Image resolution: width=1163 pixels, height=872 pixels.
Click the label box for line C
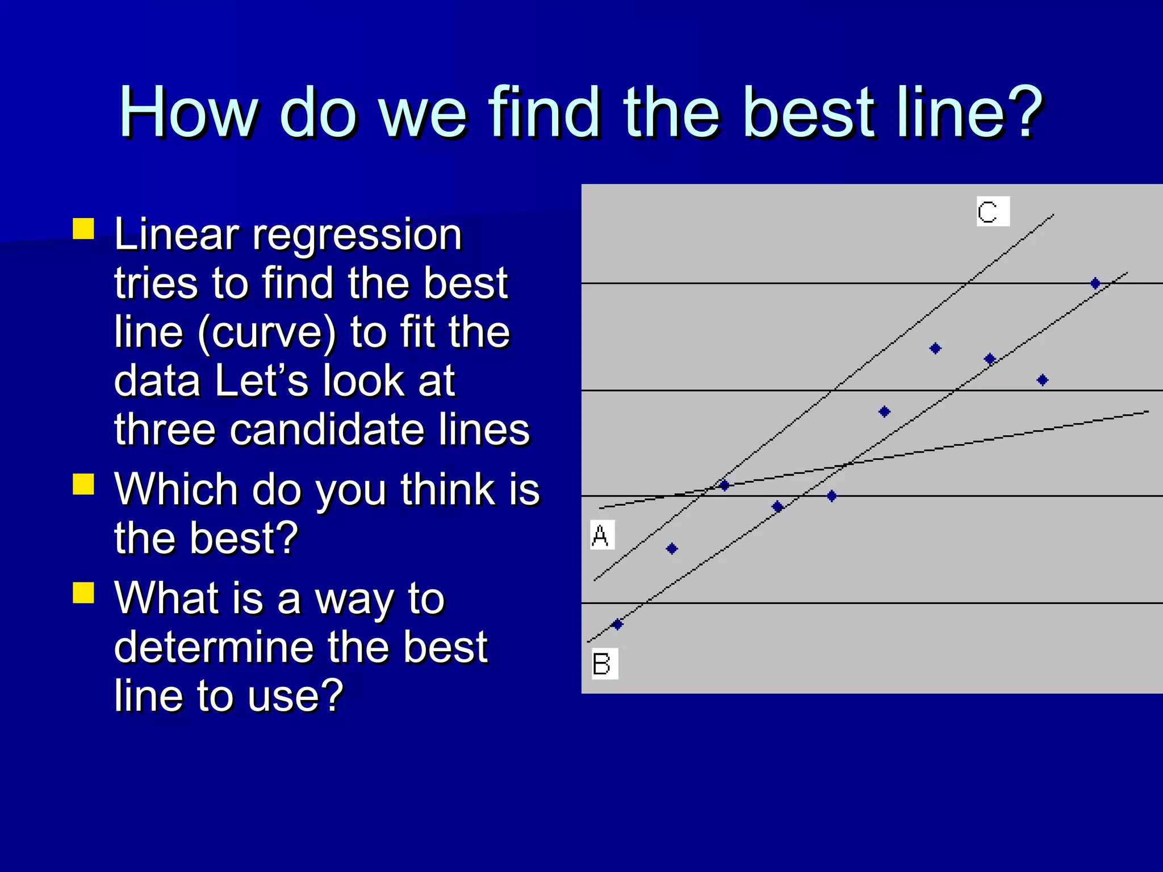coord(993,211)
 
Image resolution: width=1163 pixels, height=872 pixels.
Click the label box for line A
coord(602,535)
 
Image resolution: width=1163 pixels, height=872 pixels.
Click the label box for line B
coord(604,663)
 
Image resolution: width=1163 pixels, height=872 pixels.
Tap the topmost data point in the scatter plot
coord(1095,283)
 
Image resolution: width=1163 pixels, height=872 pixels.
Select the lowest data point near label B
coord(618,624)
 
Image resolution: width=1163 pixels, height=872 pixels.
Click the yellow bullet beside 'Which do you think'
coord(83,484)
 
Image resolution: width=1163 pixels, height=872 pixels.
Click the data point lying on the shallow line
coord(724,485)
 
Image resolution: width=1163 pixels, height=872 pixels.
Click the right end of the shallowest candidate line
coord(1147,412)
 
